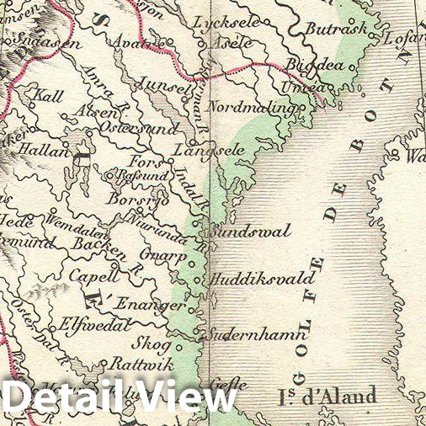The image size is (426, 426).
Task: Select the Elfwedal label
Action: click(91, 322)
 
